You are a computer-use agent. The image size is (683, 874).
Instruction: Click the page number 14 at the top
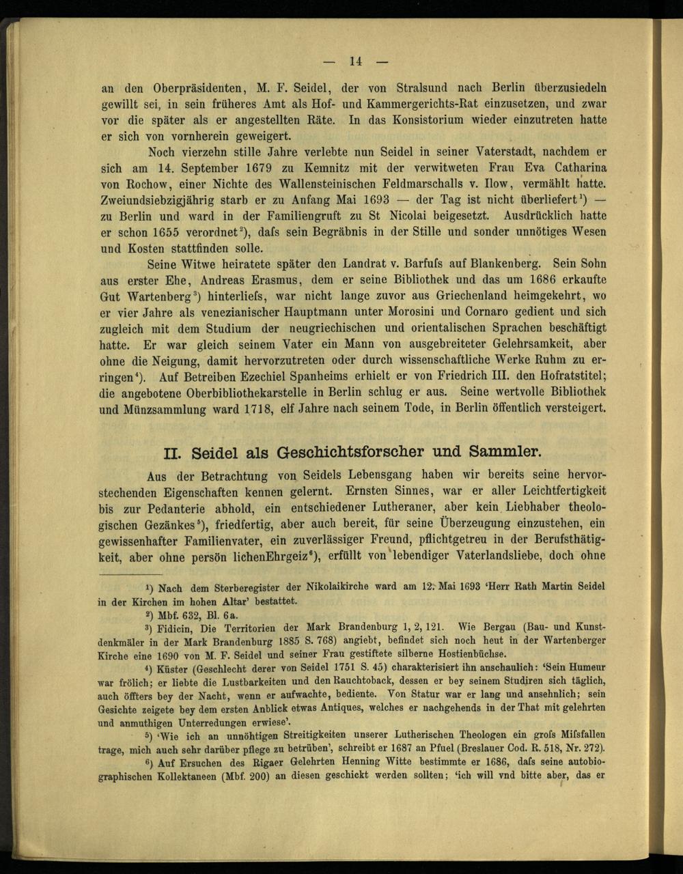coord(355,61)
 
